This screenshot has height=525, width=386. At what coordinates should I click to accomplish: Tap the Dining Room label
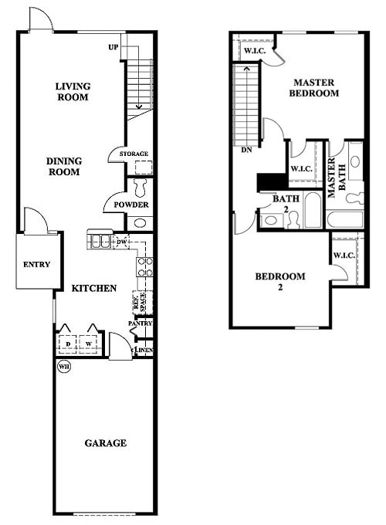64,166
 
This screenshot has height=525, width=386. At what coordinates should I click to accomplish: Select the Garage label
105,442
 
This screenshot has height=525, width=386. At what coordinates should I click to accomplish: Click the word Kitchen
94,288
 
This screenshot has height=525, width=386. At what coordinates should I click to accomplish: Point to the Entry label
36,264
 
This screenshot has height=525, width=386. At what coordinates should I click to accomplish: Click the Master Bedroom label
314,87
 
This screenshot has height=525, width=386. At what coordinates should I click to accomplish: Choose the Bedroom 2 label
280,281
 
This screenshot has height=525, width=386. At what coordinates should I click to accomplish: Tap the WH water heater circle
63,367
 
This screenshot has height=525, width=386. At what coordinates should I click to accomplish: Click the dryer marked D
68,343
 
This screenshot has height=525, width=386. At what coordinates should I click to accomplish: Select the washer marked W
90,343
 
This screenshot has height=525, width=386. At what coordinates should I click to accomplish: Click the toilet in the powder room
141,188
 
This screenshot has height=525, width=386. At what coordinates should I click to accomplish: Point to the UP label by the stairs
113,48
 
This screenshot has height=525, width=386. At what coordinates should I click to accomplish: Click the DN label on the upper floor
246,150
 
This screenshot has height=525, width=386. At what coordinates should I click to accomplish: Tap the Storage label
134,154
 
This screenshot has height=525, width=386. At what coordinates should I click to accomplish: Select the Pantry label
140,323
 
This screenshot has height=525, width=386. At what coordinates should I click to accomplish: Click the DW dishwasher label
120,241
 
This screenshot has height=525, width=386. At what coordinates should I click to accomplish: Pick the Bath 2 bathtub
312,210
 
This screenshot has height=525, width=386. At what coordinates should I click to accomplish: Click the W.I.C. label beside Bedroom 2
342,256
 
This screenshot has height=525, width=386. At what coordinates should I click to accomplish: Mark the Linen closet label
144,351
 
